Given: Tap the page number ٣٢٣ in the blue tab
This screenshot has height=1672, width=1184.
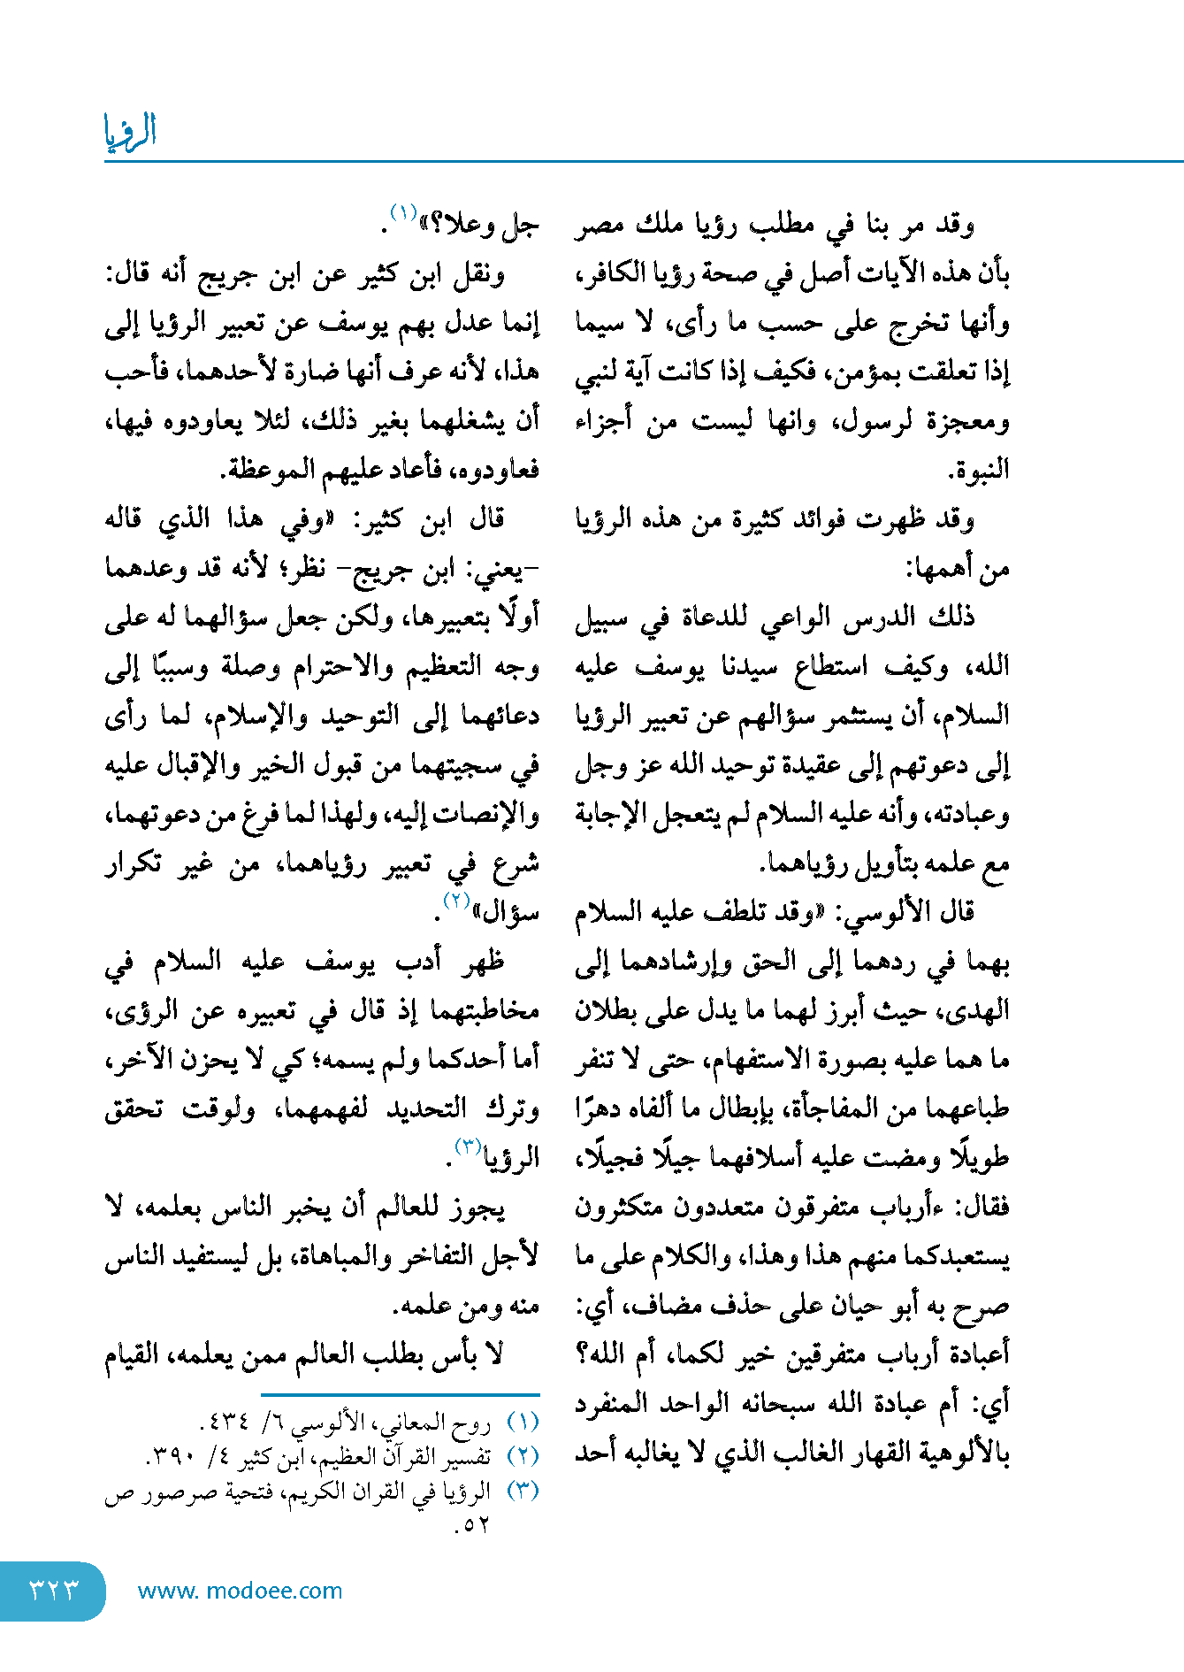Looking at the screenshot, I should tap(54, 1590).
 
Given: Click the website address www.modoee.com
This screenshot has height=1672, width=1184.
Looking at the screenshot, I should tap(240, 1591).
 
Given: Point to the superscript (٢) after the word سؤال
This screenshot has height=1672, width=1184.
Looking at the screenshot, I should tap(455, 901).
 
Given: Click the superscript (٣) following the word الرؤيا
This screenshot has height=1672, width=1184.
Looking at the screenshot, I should tap(468, 1147).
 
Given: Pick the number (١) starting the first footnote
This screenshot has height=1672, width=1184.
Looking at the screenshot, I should tap(523, 1423).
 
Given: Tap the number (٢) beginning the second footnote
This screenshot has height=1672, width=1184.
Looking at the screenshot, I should tap(523, 1456).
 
